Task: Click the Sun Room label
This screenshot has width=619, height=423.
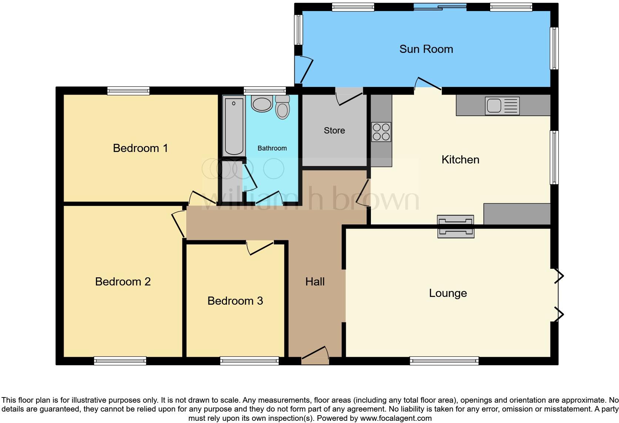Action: point(426,49)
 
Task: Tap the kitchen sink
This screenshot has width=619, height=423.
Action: point(502,106)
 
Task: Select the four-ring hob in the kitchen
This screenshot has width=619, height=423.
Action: point(381,132)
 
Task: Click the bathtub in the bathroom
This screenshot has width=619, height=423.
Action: point(234,126)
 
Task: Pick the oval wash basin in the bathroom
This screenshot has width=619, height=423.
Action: point(262,104)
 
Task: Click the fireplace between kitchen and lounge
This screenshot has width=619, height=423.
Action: point(455,226)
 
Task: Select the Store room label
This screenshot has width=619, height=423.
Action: point(334,131)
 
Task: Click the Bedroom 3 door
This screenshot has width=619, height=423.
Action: point(260,247)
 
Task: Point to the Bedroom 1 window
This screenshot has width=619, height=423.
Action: point(128,91)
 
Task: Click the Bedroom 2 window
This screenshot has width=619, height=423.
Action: point(120,361)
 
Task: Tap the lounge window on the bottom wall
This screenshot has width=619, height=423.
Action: point(444,361)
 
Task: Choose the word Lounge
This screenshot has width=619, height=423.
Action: point(448,293)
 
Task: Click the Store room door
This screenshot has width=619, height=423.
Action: point(349,95)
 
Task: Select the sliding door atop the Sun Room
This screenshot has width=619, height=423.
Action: point(440,6)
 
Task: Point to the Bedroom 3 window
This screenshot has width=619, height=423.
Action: point(249,361)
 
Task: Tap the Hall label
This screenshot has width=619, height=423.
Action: point(315,282)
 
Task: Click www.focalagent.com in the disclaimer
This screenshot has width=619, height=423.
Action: point(395,419)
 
